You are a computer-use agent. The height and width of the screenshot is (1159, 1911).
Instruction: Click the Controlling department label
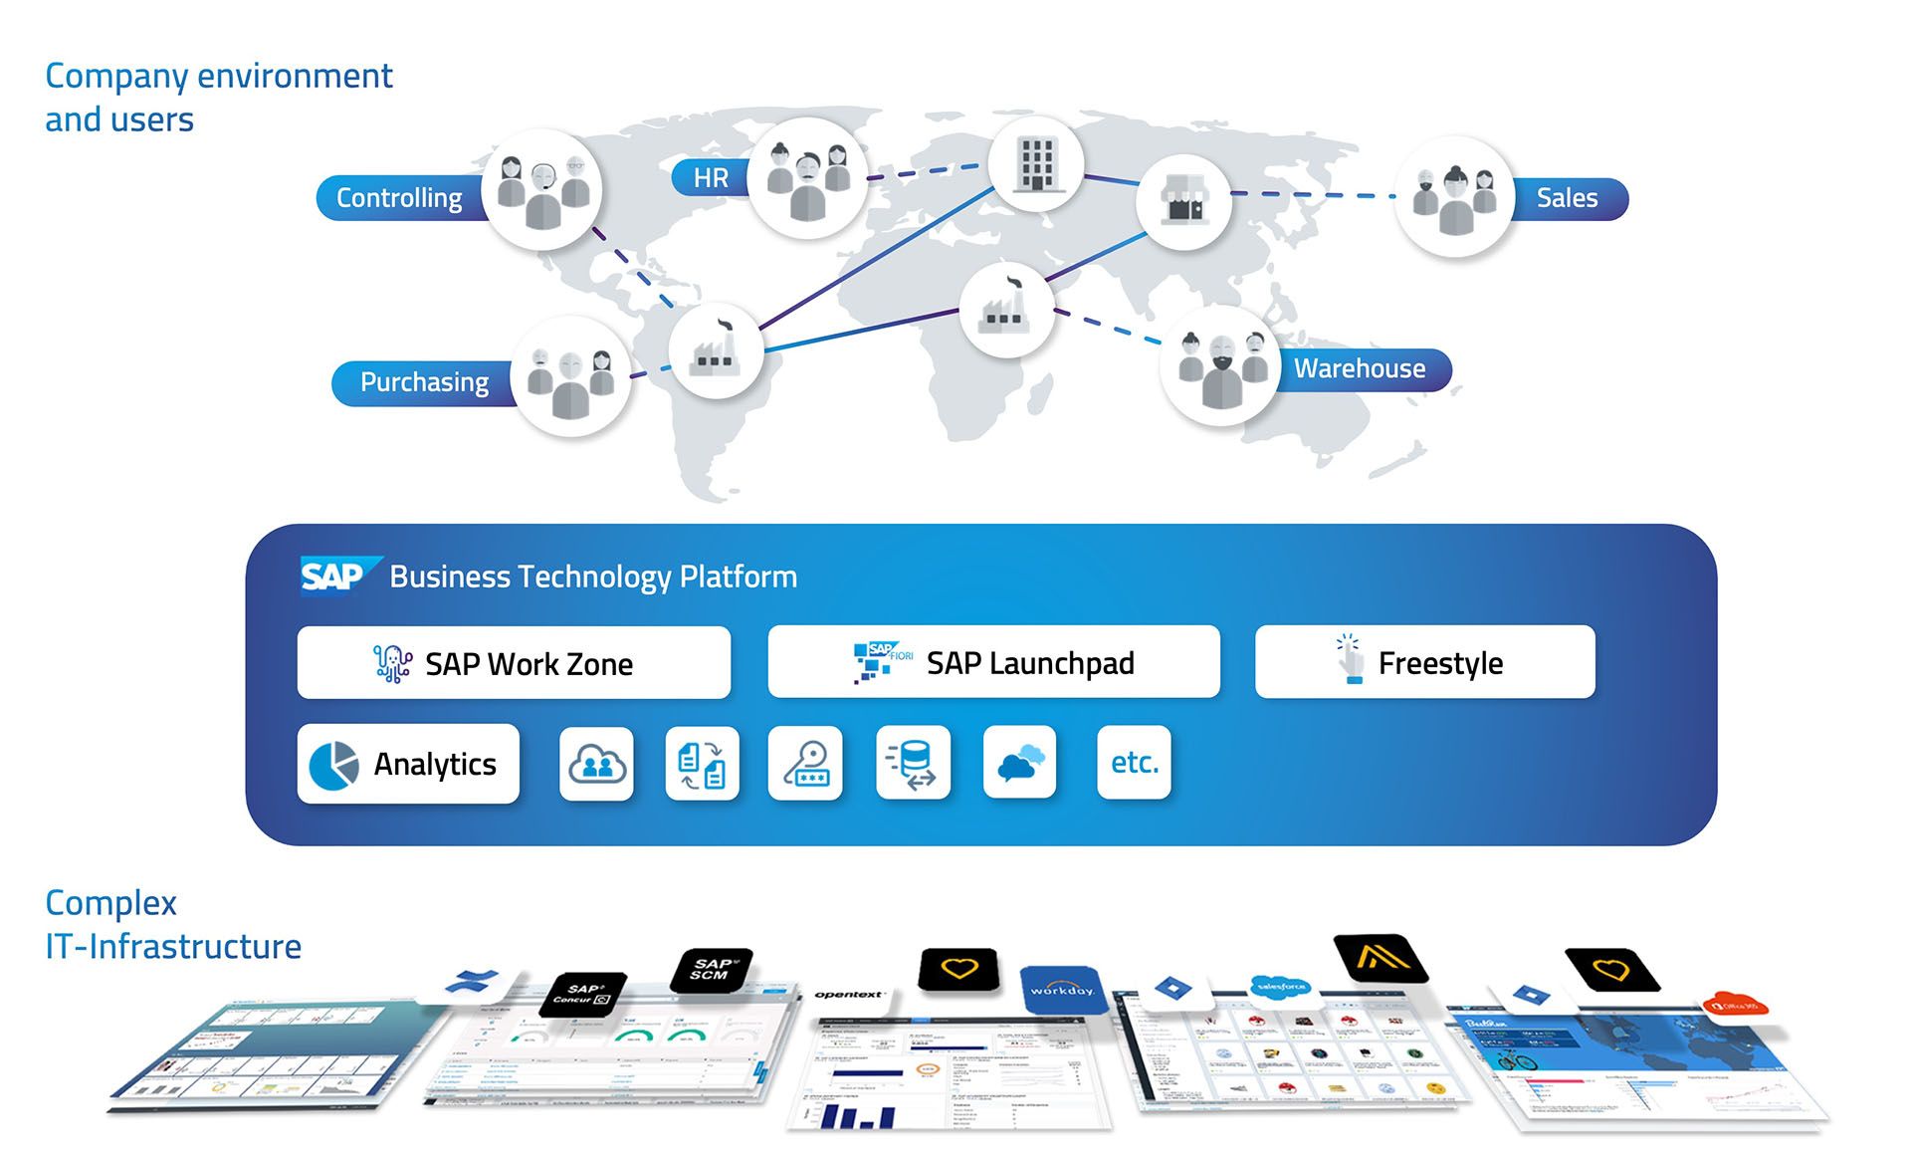pyautogui.click(x=399, y=198)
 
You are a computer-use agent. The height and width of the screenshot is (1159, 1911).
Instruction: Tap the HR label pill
pyautogui.click(x=711, y=178)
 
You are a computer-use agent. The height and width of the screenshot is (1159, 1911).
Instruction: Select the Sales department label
pyautogui.click(x=1567, y=198)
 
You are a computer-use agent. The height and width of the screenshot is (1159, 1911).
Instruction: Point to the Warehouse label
pyautogui.click(x=1360, y=368)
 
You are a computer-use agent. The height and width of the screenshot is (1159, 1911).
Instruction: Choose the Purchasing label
pyautogui.click(x=424, y=382)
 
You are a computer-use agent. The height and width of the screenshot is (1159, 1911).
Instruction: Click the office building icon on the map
pyautogui.click(x=1035, y=164)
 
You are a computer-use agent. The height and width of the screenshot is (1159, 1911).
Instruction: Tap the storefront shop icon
pyautogui.click(x=1183, y=202)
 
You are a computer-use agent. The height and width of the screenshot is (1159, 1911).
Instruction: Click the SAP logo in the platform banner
pyautogui.click(x=334, y=576)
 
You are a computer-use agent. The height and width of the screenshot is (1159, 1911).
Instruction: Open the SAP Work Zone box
pyautogui.click(x=514, y=663)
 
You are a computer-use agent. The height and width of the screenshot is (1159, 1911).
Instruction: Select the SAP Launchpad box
pyautogui.click(x=993, y=662)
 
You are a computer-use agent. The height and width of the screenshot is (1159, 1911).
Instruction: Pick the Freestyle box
pyautogui.click(x=1424, y=662)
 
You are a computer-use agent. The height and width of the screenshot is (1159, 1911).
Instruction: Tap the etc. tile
pyautogui.click(x=1134, y=763)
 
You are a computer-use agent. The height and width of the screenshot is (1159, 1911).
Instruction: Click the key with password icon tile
pyautogui.click(x=805, y=764)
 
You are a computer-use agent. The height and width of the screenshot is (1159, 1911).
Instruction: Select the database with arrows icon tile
pyautogui.click(x=913, y=764)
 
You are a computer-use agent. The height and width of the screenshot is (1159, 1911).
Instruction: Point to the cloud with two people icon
pyautogui.click(x=596, y=764)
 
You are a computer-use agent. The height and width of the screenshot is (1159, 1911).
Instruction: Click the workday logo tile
pyautogui.click(x=1062, y=989)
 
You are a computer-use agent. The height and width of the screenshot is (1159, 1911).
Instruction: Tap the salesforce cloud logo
pyautogui.click(x=1281, y=986)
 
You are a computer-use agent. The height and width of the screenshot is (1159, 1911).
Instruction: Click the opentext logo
pyautogui.click(x=849, y=994)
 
